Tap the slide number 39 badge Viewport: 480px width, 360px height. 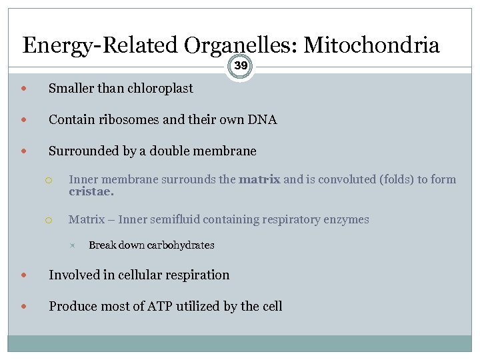click(x=240, y=66)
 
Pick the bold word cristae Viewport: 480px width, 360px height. click(x=91, y=192)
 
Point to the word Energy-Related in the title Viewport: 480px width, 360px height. click(x=100, y=45)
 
